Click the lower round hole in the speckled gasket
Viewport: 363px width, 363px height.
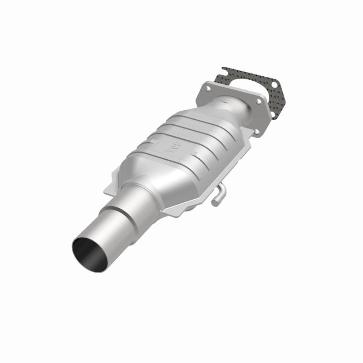click(274, 115)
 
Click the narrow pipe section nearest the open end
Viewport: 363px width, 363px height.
click(102, 231)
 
